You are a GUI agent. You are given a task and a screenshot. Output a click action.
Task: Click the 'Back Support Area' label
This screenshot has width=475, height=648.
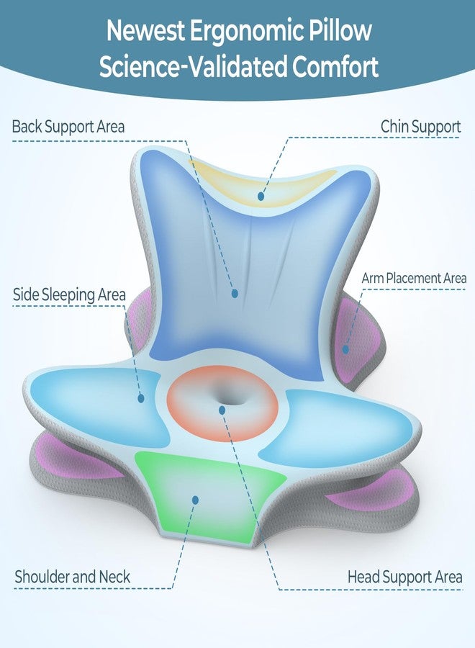coord(68,127)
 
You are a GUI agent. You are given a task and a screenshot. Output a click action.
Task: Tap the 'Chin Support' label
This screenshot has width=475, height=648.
coord(420,127)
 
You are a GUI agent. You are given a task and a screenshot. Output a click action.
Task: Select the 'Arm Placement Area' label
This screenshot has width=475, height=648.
coord(414,278)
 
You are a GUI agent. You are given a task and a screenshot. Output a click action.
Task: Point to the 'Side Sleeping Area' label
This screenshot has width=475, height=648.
coord(69,295)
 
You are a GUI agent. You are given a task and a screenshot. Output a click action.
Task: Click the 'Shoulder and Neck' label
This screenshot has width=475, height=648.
coord(72,577)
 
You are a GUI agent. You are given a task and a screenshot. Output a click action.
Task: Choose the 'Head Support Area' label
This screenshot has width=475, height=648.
coord(404,577)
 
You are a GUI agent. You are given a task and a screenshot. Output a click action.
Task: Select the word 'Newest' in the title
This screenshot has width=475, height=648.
coord(145,30)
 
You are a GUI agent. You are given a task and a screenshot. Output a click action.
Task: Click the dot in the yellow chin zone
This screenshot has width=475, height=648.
coord(261,196)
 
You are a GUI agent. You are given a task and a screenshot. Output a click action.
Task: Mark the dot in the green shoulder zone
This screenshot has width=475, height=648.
coord(195,500)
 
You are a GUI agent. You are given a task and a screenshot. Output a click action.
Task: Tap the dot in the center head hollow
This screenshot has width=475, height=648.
coord(222,410)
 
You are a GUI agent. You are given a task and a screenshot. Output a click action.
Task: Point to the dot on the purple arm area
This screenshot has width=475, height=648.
coord(345,350)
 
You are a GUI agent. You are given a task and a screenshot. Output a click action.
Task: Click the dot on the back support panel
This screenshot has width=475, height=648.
coord(235,294)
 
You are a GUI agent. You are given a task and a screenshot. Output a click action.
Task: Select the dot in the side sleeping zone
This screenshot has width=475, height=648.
coord(141,398)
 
